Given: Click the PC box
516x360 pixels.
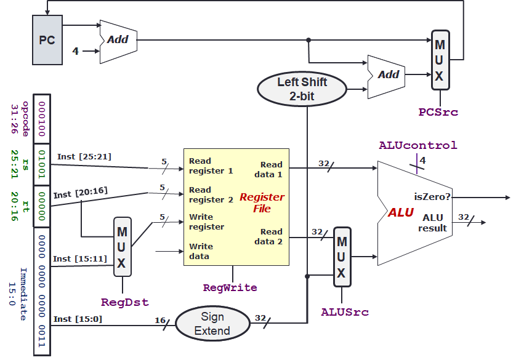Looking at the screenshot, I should pyautogui.click(x=47, y=41).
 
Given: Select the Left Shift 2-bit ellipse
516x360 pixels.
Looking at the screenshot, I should pyautogui.click(x=302, y=89).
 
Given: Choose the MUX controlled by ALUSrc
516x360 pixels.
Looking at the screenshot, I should pyautogui.click(x=342, y=257).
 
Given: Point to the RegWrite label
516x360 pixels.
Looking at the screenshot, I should pyautogui.click(x=230, y=287).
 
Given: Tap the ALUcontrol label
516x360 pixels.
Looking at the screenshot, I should pyautogui.click(x=417, y=145).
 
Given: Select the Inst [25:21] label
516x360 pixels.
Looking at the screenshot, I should pyautogui.click(x=84, y=156).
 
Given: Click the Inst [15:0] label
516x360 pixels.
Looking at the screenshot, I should pyautogui.click(x=78, y=319).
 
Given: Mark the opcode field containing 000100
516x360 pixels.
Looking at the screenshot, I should pyautogui.click(x=42, y=118).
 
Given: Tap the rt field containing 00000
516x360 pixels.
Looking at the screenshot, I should pyautogui.click(x=42, y=206).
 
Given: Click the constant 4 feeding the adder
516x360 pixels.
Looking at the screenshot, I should pyautogui.click(x=75, y=51).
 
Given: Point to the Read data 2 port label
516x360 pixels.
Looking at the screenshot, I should pyautogui.click(x=271, y=236).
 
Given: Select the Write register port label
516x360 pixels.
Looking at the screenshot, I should pyautogui.click(x=207, y=222).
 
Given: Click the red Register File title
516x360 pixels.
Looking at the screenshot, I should pyautogui.click(x=262, y=202).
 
